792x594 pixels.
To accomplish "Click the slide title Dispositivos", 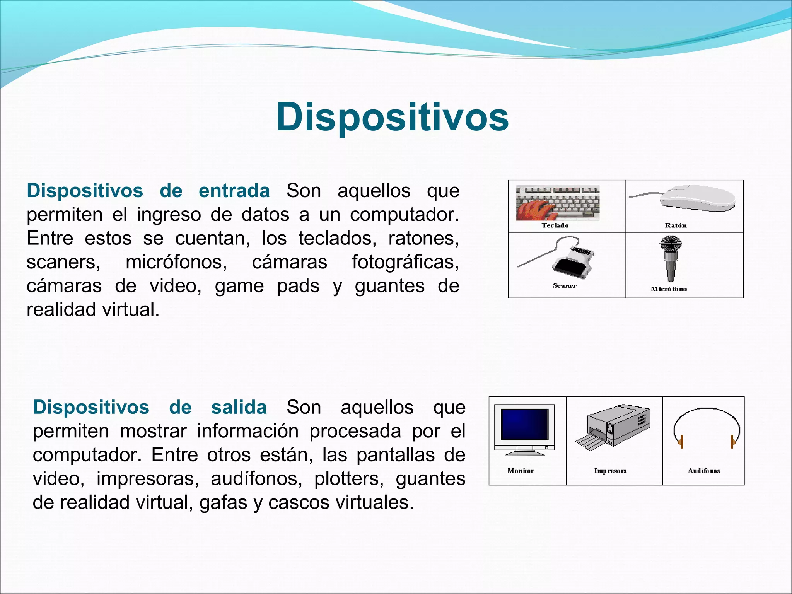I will coord(392,117).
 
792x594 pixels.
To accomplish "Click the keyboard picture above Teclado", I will coord(558,203).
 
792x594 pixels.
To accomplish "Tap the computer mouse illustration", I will coord(696,198).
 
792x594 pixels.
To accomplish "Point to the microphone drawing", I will coord(671,258).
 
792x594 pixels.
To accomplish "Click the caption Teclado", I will coord(555,225).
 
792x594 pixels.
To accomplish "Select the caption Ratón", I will coord(676,225).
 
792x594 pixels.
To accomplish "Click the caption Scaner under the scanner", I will coord(565,286).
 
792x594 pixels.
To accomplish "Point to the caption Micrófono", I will coord(669,289).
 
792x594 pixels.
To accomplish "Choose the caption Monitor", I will coord(521,471).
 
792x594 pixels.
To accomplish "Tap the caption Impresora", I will coord(610,471).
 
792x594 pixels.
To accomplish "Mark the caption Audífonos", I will coord(704,471).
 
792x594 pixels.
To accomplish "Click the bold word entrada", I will coord(234,191).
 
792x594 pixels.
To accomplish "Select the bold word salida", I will coord(239,407).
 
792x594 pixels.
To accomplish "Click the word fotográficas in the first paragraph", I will coord(405,262).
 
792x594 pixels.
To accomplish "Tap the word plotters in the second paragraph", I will coord(348,479).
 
